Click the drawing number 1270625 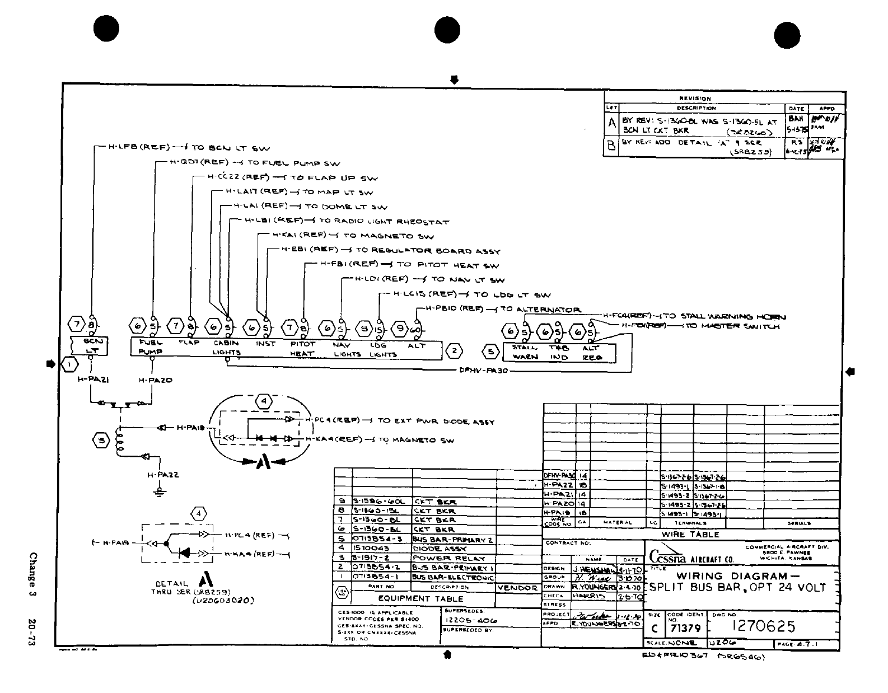(764, 626)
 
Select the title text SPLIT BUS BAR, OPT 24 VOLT (737, 588)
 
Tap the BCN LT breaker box (90, 346)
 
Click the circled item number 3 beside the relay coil (101, 441)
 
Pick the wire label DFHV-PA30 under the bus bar (483, 370)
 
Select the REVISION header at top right (695, 99)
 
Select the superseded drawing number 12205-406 (470, 621)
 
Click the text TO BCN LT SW (231, 148)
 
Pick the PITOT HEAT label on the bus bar (302, 349)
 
